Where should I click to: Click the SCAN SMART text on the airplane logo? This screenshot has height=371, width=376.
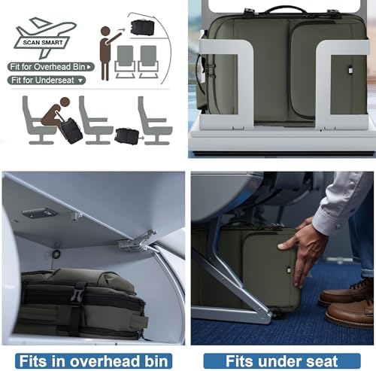43,42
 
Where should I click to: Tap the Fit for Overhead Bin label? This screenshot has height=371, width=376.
51,67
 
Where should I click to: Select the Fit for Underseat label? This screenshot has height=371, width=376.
47,81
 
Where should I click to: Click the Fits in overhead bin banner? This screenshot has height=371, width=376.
93,361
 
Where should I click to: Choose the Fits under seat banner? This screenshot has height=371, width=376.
282,361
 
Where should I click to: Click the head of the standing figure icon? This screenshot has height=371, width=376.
105,32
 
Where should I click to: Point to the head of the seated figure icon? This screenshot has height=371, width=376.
65,102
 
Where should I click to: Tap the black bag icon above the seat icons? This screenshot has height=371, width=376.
142,28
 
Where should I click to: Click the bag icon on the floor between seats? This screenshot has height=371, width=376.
127,136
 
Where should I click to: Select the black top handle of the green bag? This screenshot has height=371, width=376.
286,9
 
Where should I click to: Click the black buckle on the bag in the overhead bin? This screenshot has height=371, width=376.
77,293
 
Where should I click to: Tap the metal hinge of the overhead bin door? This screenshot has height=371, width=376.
137,242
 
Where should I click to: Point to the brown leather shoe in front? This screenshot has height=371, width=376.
350,312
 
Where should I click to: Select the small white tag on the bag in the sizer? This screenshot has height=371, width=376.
350,70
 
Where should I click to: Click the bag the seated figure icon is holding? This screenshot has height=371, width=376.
71,131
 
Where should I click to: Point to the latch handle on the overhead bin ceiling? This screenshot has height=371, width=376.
40,213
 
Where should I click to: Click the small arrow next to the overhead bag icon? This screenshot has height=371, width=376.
121,30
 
